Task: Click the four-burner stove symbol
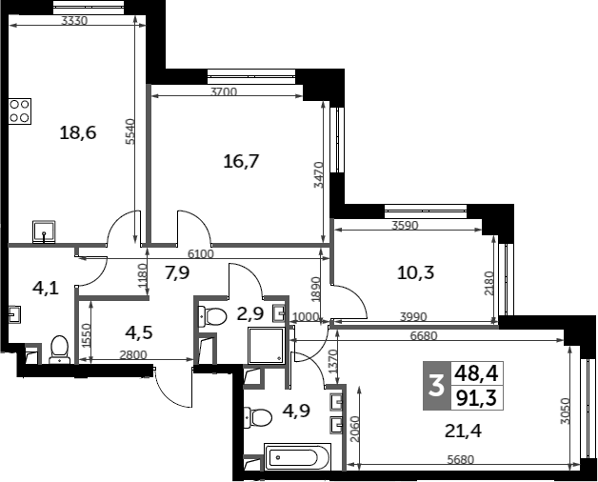pos(20,111)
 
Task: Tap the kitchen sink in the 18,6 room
pos(44,231)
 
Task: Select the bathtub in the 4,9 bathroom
pos(297,456)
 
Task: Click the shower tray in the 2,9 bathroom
pos(267,346)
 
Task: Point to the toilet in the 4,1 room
pos(60,350)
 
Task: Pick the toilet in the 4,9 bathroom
pos(257,417)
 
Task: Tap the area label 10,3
pos(416,272)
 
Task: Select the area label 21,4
pos(463,432)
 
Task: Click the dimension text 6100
pos(200,253)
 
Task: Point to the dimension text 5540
pos(130,131)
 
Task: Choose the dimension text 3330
pos(74,21)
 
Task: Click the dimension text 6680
pos(424,336)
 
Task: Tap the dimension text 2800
pos(133,355)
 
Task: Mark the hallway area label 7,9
pos(177,272)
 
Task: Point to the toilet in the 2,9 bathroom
pos(212,316)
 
